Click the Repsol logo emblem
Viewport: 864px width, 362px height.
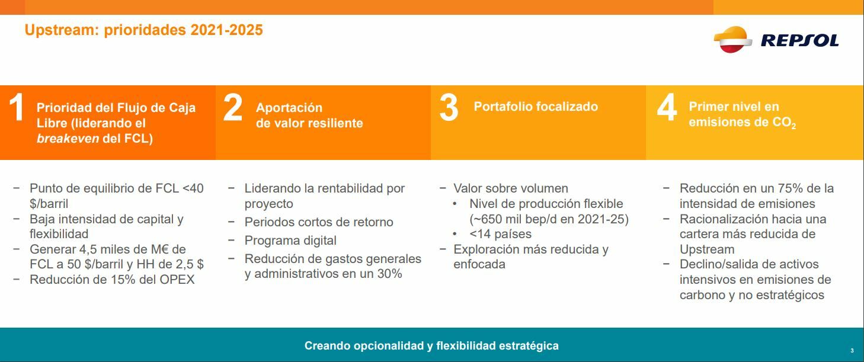(732, 39)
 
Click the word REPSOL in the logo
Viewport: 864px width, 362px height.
(799, 40)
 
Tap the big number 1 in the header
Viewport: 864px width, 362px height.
(16, 107)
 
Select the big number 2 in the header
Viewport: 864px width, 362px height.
(233, 107)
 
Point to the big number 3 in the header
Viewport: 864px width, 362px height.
(449, 108)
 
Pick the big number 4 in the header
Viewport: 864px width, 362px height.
(667, 107)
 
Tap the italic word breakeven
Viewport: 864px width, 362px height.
(68, 139)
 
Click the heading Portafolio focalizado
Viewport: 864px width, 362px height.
(536, 107)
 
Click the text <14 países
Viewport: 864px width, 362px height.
(500, 234)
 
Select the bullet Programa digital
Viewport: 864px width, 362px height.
(290, 241)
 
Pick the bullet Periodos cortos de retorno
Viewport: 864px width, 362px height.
(319, 222)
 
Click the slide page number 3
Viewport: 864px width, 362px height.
(852, 350)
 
